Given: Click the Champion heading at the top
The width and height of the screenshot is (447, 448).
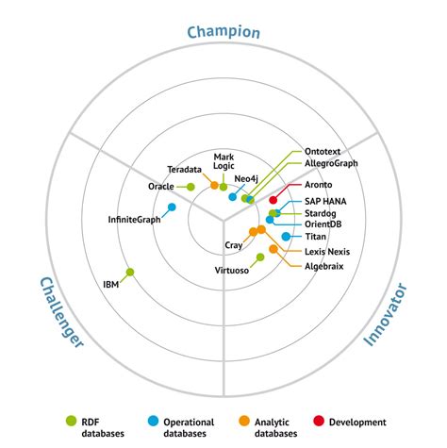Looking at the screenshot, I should [x=223, y=32].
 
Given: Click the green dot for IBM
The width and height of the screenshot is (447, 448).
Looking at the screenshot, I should [x=130, y=273].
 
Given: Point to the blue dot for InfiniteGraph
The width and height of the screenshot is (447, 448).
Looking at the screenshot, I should [x=172, y=207].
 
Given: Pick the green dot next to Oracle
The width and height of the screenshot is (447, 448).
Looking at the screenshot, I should [x=190, y=187].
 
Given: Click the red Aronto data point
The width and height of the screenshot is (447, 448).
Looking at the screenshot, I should [x=273, y=200].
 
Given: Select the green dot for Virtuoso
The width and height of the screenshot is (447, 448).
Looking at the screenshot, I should [x=260, y=257].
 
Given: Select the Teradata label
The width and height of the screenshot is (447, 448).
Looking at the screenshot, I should [x=184, y=169].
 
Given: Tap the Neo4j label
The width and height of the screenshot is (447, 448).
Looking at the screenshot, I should [x=246, y=178].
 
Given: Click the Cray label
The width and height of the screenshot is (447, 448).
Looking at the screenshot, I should [x=234, y=245].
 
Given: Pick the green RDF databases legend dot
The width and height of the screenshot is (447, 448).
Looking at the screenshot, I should [x=69, y=421].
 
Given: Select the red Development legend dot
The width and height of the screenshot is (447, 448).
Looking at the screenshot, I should [x=320, y=421].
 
